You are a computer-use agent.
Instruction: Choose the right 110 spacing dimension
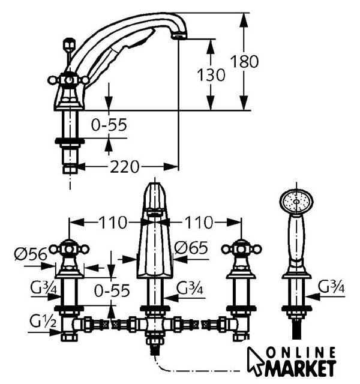[197, 223]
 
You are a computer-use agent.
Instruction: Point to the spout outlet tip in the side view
[176, 37]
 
